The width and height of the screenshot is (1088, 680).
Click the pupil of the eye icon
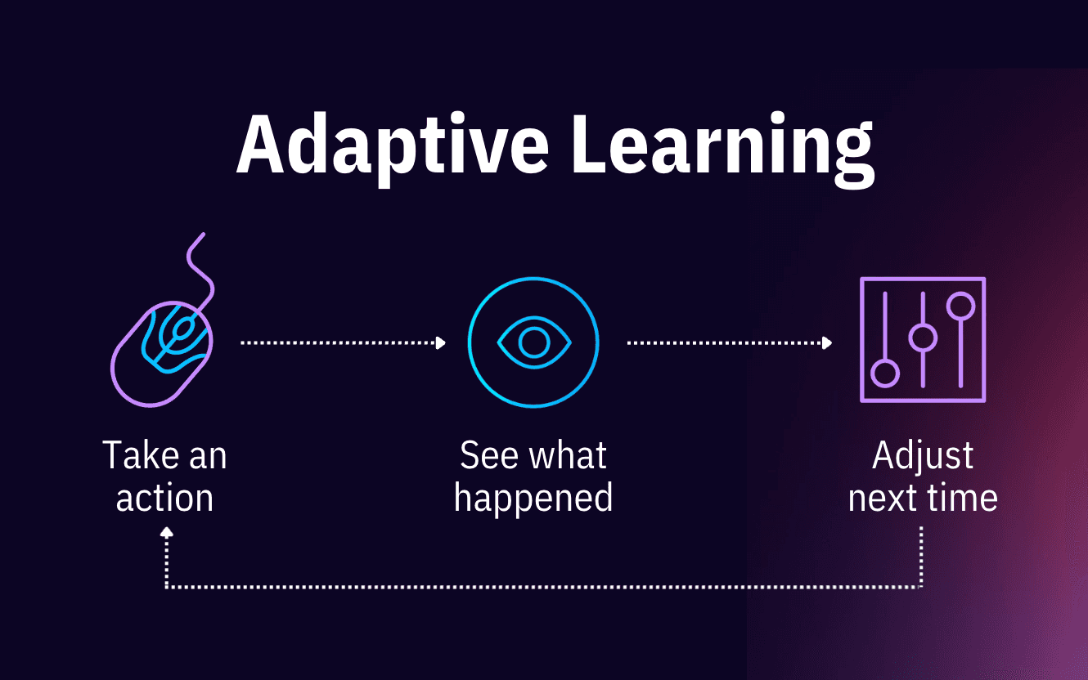point(533,341)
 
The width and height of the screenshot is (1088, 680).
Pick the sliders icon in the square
point(923,339)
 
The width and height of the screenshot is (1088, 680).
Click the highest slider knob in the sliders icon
point(960,306)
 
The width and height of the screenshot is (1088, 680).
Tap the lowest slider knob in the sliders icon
point(885,374)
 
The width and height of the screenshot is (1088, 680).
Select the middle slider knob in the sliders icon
point(923,337)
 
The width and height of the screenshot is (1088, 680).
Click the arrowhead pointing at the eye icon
point(441,343)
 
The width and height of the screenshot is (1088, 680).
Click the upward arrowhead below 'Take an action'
point(167,531)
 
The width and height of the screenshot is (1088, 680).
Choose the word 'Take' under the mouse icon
point(134,455)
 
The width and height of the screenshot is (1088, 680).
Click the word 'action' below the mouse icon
point(164,498)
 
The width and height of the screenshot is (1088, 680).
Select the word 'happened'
point(533,498)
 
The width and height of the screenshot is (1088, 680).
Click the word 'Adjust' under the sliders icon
point(923,455)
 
